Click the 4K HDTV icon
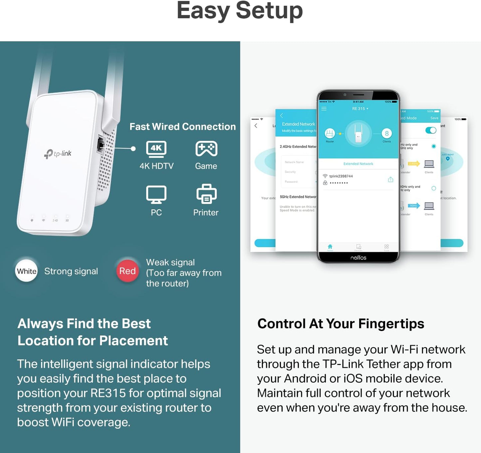pos(156,149)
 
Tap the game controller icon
pos(206,149)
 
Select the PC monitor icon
pos(156,194)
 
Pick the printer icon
pos(206,194)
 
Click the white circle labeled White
pos(27,271)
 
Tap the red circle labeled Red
pos(127,271)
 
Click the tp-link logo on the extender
pos(58,154)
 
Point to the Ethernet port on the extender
pos(100,145)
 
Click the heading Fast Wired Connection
pos(182,127)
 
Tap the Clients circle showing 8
pos(386,134)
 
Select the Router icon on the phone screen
pos(330,134)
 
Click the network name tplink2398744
pos(341,176)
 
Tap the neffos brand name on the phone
pos(358,258)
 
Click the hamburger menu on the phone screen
pos(324,109)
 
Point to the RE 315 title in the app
pos(359,109)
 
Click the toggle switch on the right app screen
pos(431,130)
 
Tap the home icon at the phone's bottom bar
pos(330,247)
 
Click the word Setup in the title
pos(269,11)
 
